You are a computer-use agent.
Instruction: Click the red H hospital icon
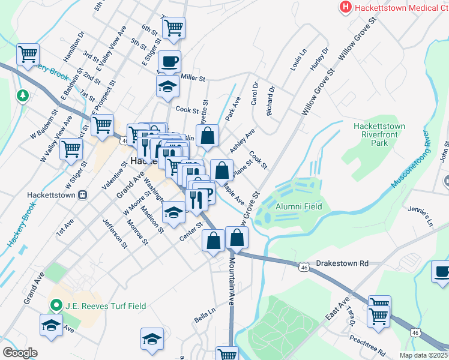point(346,8)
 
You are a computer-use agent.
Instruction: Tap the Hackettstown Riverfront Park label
point(379,135)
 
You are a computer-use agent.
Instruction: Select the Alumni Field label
point(298,206)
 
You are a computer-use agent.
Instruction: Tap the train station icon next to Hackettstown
point(83,196)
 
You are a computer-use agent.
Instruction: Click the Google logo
point(20,353)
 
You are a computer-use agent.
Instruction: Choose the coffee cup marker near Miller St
point(169,61)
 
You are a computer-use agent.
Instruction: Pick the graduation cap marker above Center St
point(174,214)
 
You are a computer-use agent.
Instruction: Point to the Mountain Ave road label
point(231,281)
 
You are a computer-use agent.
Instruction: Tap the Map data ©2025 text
point(423,355)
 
